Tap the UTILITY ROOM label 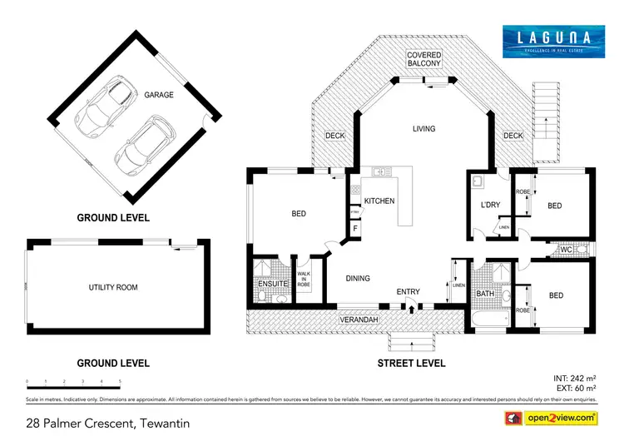[113, 287]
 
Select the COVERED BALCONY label [424, 60]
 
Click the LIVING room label [425, 129]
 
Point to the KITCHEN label [379, 201]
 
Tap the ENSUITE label [273, 284]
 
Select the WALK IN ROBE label [304, 279]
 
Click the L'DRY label [488, 205]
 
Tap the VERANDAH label [358, 320]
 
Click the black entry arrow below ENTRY [410, 309]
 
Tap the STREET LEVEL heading [411, 363]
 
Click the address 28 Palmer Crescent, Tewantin [107, 424]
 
